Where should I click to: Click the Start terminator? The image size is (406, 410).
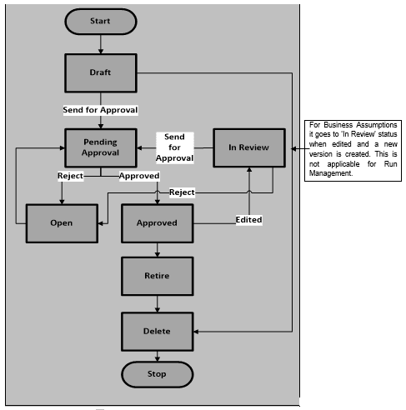tap(100, 21)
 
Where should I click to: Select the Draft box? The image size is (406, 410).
tap(100, 72)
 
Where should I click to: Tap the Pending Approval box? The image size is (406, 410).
tap(100, 147)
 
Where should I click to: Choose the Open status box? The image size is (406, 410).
tap(60, 222)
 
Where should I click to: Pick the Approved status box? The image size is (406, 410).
tap(158, 222)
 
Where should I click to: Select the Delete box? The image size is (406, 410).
tap(158, 331)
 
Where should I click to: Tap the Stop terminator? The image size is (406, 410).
tap(158, 374)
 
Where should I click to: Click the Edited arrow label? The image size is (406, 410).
tap(248, 219)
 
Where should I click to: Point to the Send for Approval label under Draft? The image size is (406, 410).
tap(100, 110)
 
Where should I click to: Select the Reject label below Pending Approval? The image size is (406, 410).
tap(70, 176)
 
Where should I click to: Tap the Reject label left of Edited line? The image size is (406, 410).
tap(181, 192)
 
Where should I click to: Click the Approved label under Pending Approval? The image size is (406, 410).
tap(139, 176)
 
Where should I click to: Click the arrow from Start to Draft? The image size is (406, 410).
tap(100, 43)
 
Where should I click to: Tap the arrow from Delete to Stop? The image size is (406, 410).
tap(158, 356)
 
